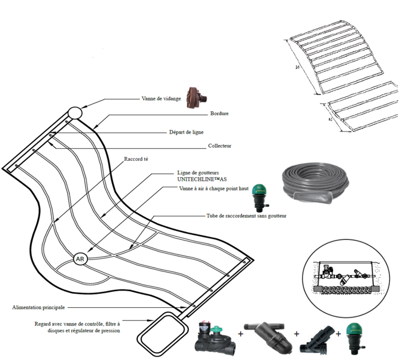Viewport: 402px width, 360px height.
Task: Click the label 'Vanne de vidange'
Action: (x=161, y=99)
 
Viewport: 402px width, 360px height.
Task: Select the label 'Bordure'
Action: (x=220, y=114)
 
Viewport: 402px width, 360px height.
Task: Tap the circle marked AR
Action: (x=79, y=259)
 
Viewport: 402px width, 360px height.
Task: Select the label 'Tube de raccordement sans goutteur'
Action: (x=246, y=216)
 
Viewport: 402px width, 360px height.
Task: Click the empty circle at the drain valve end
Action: (x=75, y=113)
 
